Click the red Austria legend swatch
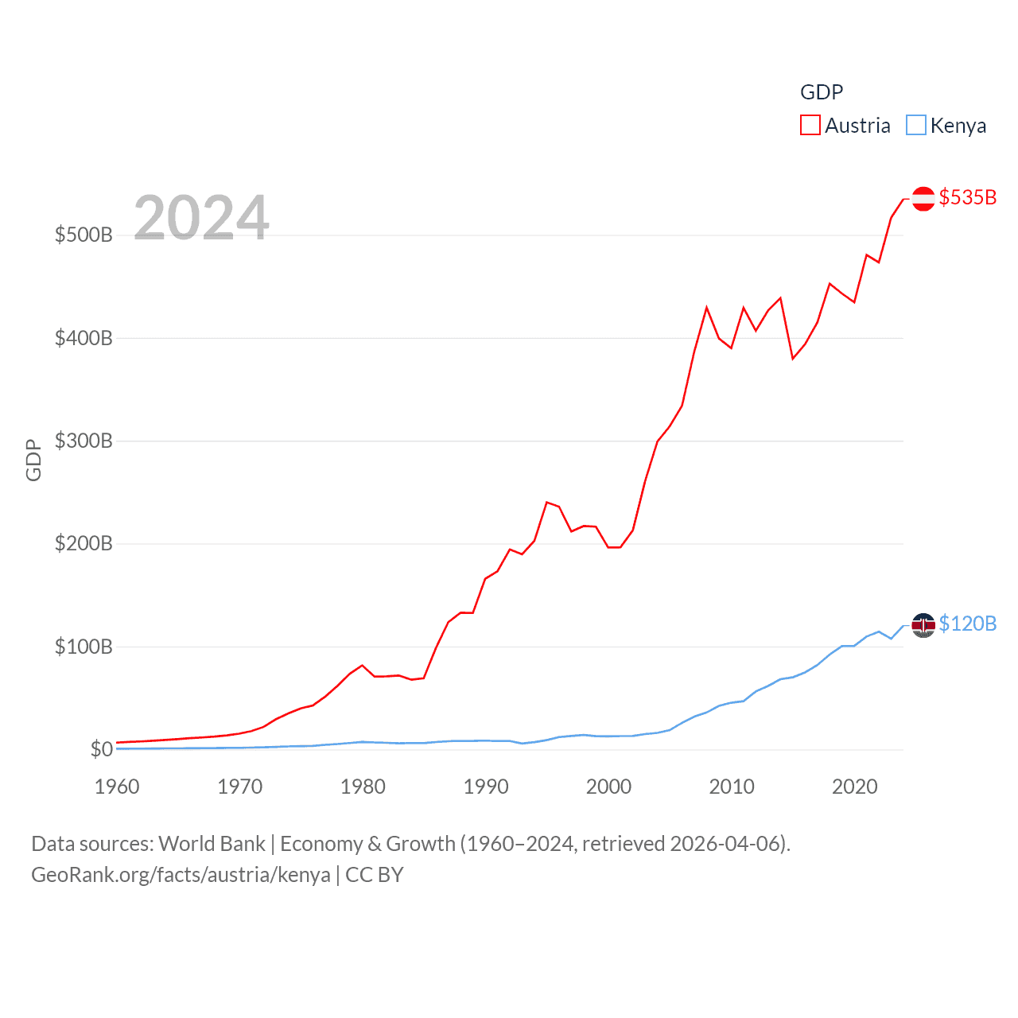810,126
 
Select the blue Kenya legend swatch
916,126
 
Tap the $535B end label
967,197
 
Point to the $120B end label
967,624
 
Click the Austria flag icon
923,198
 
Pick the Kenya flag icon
923,625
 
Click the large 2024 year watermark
201,217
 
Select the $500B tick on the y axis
84,235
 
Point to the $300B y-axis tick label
84,441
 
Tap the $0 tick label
101,750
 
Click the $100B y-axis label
84,647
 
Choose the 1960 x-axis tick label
117,787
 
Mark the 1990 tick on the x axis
486,787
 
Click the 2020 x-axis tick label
855,787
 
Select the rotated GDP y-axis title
33,460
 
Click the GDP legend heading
822,92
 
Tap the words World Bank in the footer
212,844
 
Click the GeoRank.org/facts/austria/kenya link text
181,875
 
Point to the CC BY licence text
375,875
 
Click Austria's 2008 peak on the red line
706,308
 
